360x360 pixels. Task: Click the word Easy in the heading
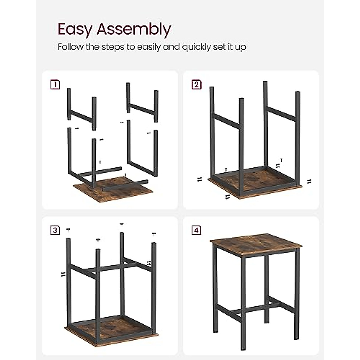pyautogui.click(x=75, y=29)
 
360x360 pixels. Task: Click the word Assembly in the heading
pyautogui.click(x=134, y=30)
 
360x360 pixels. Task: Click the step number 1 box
pyautogui.click(x=55, y=85)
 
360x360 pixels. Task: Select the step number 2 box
pyautogui.click(x=196, y=85)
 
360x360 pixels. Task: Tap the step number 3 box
pyautogui.click(x=55, y=230)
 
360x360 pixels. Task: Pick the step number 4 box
pyautogui.click(x=196, y=230)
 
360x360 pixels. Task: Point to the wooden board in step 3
pyautogui.click(x=111, y=328)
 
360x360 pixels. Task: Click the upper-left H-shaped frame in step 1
pyautogui.click(x=81, y=114)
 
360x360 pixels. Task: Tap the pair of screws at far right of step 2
pyautogui.click(x=309, y=181)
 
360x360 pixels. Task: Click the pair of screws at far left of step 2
pyautogui.click(x=199, y=179)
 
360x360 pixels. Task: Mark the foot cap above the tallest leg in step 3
pyautogui.click(x=121, y=224)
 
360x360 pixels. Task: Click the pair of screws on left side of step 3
pyautogui.click(x=63, y=274)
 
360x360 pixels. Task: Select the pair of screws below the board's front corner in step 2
pyautogui.click(x=227, y=196)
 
